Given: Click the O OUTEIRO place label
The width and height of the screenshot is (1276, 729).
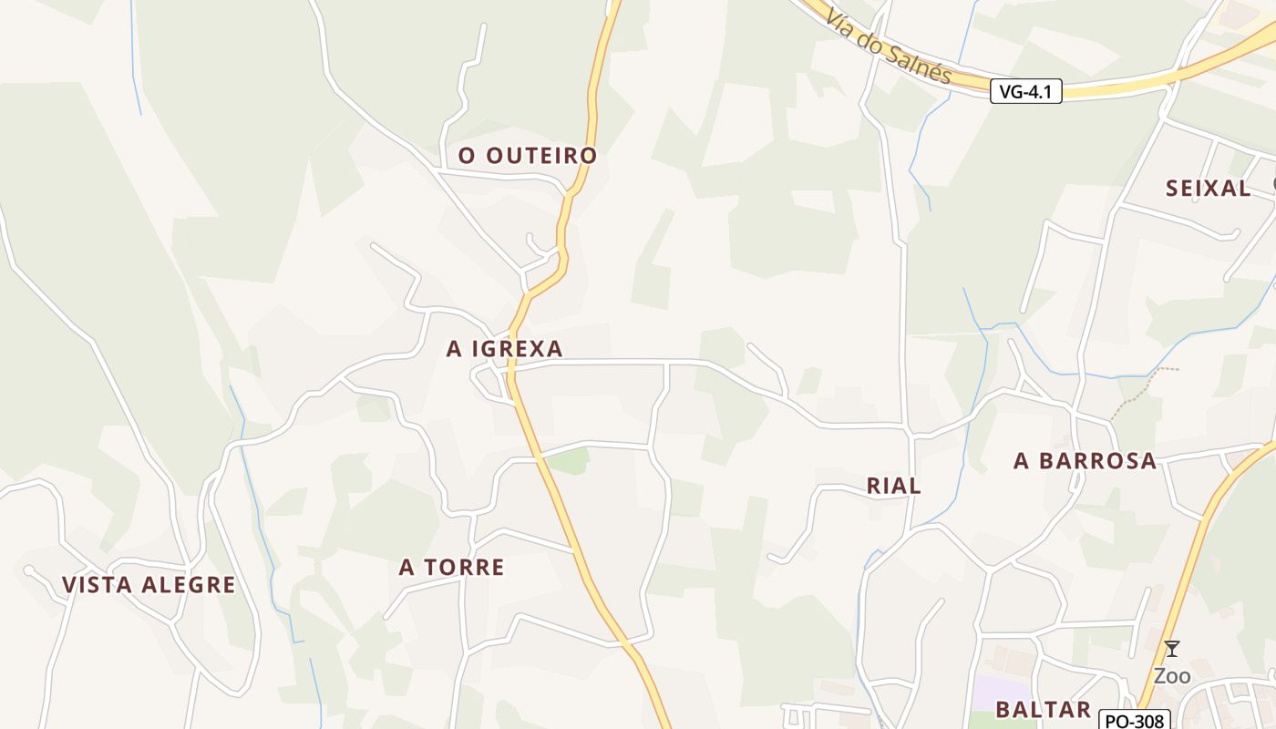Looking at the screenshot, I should click(x=527, y=156).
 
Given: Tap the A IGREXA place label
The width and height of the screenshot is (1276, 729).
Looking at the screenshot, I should click(x=504, y=348).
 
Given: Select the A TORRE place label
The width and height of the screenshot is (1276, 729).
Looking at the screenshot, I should click(x=451, y=568).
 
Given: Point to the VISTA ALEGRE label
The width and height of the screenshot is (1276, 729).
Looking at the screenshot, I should click(x=149, y=585).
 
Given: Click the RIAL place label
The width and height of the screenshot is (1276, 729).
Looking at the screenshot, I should click(x=893, y=487).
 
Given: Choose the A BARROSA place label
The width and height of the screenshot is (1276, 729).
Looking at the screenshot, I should click(x=1085, y=461).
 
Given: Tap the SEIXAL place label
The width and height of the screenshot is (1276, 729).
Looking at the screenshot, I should click(x=1208, y=189).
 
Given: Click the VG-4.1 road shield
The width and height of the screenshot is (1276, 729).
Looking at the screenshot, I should click(x=1025, y=91).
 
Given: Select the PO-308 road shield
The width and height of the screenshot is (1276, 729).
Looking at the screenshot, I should click(x=1134, y=720).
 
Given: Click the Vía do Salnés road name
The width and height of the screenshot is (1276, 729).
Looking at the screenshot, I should click(x=889, y=45).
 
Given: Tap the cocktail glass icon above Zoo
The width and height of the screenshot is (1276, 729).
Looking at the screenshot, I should click(x=1172, y=649).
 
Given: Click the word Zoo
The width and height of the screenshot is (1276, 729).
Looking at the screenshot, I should click(x=1172, y=676).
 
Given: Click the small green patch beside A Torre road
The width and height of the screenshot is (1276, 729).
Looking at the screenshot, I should click(x=569, y=461).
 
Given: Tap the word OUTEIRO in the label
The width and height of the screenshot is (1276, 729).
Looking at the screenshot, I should click(x=541, y=156).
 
